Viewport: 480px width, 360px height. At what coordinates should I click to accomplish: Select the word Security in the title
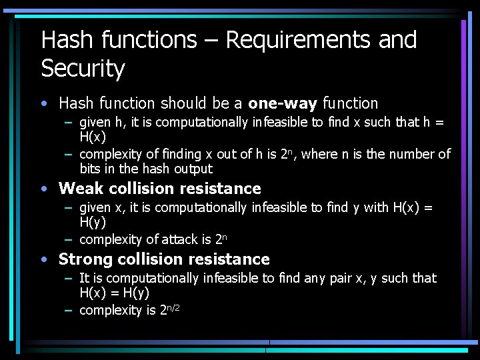click(83, 69)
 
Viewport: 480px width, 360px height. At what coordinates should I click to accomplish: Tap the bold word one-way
click(282, 103)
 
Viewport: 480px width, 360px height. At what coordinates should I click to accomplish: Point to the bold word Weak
click(81, 189)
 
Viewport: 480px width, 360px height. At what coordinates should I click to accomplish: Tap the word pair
click(343, 277)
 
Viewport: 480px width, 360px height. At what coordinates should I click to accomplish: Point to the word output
click(193, 169)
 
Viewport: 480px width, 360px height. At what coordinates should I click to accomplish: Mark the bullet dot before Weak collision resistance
click(43, 189)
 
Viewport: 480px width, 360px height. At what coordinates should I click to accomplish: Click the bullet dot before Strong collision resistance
click(43, 259)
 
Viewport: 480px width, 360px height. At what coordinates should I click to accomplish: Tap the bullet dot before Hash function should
click(43, 103)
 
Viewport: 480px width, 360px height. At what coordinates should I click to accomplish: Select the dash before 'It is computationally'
click(69, 278)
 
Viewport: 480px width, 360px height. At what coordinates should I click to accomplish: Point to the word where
click(319, 155)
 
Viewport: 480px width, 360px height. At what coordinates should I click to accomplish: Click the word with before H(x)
click(375, 207)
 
